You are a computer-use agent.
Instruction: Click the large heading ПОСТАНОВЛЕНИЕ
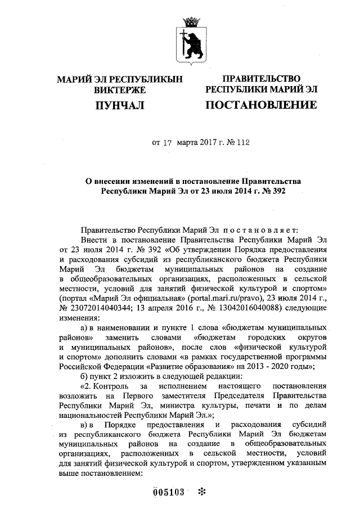[x=260, y=105]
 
